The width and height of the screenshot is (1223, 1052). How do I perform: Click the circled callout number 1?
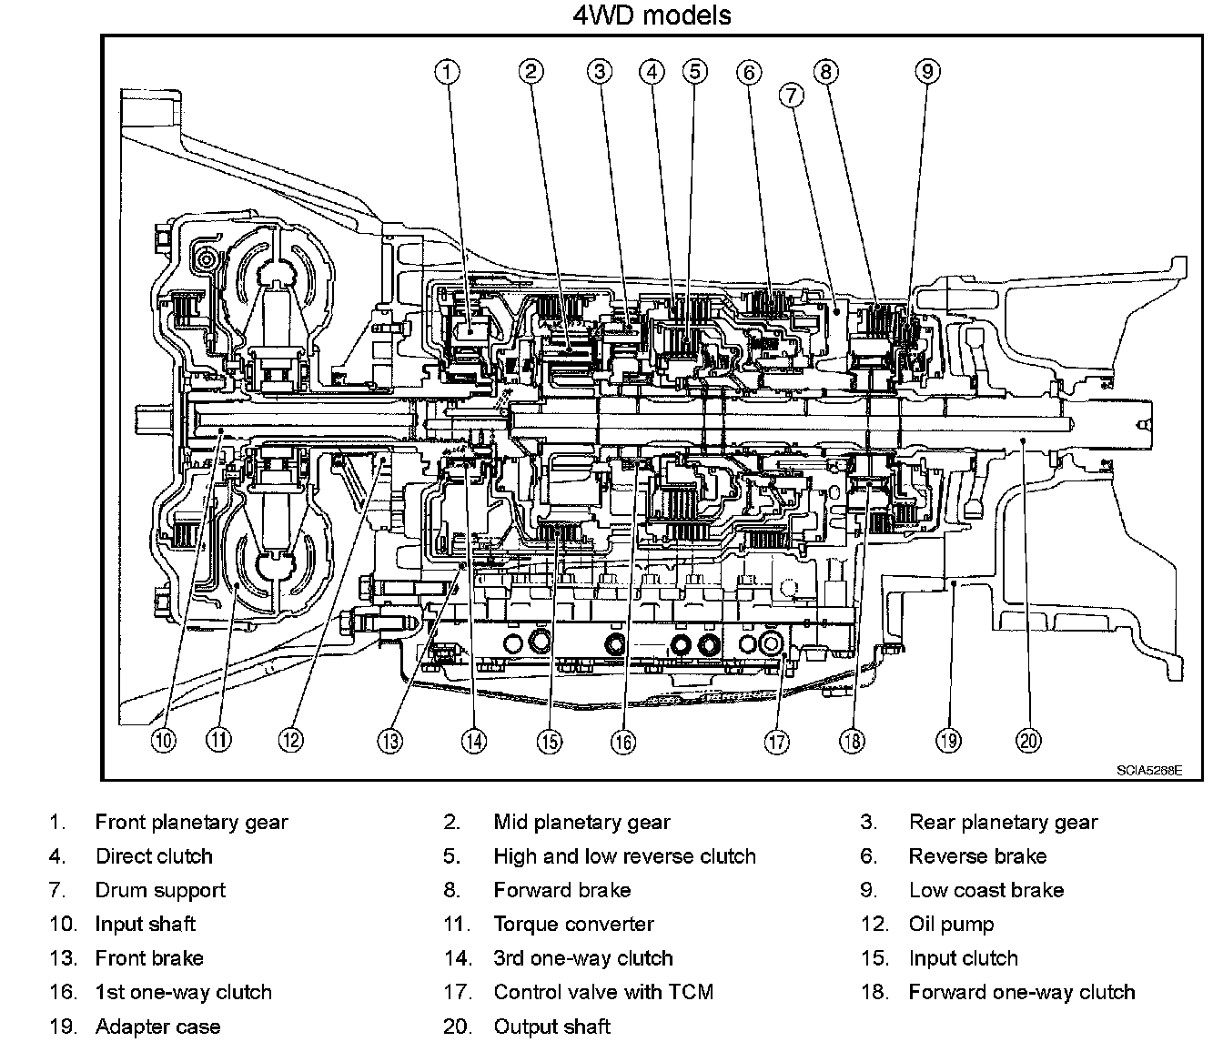[447, 71]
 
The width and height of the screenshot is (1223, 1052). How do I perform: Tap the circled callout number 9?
[926, 71]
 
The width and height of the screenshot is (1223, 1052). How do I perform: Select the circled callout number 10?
[164, 740]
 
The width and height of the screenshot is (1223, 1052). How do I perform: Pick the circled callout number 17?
[776, 742]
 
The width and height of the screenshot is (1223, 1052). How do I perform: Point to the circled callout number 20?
[1029, 740]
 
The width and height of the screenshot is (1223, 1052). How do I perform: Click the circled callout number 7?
[790, 95]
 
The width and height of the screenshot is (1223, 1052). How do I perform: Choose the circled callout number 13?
[390, 741]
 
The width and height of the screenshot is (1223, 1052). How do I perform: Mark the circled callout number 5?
[694, 71]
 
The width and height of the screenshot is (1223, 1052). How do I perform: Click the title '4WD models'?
[652, 15]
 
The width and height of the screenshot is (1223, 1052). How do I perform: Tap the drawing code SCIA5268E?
[1149, 770]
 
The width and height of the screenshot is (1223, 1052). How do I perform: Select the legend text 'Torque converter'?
[573, 925]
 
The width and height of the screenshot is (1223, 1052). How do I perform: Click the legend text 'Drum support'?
[159, 890]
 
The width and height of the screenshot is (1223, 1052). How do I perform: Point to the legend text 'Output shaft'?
[551, 1027]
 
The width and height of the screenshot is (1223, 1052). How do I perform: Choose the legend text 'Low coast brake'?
[985, 890]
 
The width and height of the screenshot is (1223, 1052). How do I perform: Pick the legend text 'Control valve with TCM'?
[602, 992]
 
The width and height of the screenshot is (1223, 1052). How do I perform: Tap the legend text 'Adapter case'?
[157, 1027]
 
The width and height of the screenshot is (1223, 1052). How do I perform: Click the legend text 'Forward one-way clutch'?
[1021, 992]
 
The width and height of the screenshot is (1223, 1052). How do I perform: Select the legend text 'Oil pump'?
[951, 925]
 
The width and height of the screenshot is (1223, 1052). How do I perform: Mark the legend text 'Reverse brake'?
[977, 856]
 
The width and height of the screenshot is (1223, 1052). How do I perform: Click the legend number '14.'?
[457, 958]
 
